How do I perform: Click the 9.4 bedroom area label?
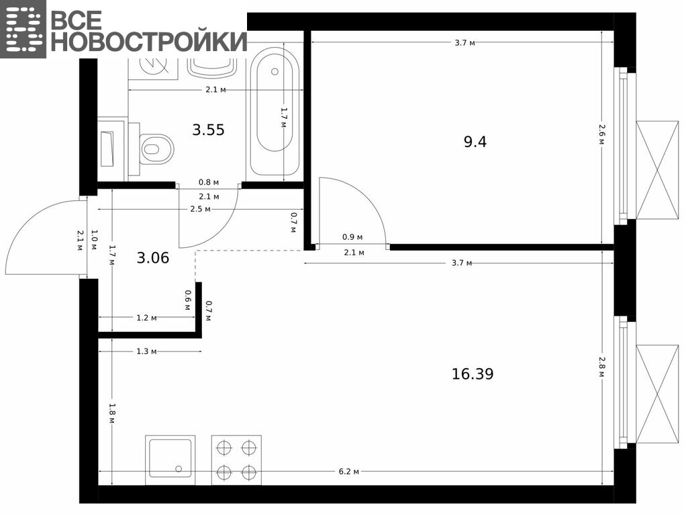click(475, 142)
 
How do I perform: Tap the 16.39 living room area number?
click(473, 374)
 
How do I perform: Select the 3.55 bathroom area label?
click(209, 130)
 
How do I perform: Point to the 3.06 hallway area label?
click(152, 258)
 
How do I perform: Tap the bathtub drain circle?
click(275, 72)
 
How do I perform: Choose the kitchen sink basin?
click(170, 460)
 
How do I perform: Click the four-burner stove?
click(236, 460)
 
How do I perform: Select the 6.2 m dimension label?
click(349, 472)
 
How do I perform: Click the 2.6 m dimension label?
click(602, 135)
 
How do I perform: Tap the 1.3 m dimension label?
click(146, 351)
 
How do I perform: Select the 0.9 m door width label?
click(352, 237)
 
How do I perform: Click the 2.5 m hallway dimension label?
click(200, 209)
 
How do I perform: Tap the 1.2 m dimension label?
click(146, 318)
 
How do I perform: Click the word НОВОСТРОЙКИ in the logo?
click(149, 42)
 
